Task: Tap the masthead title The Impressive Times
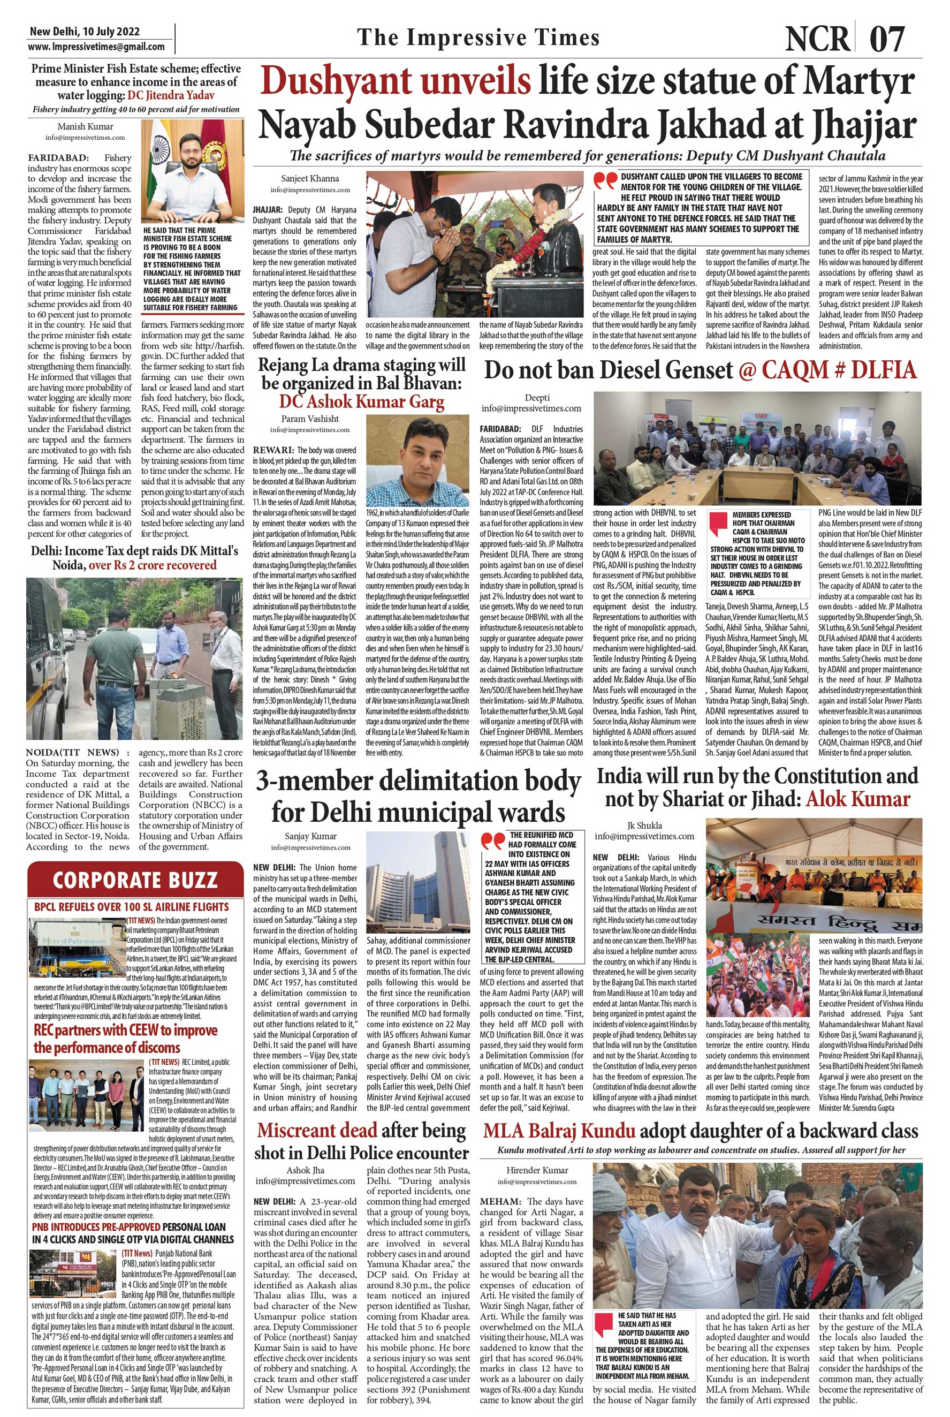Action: click(x=478, y=37)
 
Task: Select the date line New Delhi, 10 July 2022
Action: click(x=83, y=32)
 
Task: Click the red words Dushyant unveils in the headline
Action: click(x=395, y=82)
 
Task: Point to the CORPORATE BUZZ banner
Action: click(x=135, y=880)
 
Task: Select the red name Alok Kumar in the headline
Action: click(x=857, y=799)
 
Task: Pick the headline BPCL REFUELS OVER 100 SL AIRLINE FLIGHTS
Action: click(x=132, y=907)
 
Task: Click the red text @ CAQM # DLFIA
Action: click(x=827, y=370)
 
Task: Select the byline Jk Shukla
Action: click(x=644, y=825)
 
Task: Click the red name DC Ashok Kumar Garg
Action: click(x=361, y=401)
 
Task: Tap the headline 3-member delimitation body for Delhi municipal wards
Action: click(x=419, y=796)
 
